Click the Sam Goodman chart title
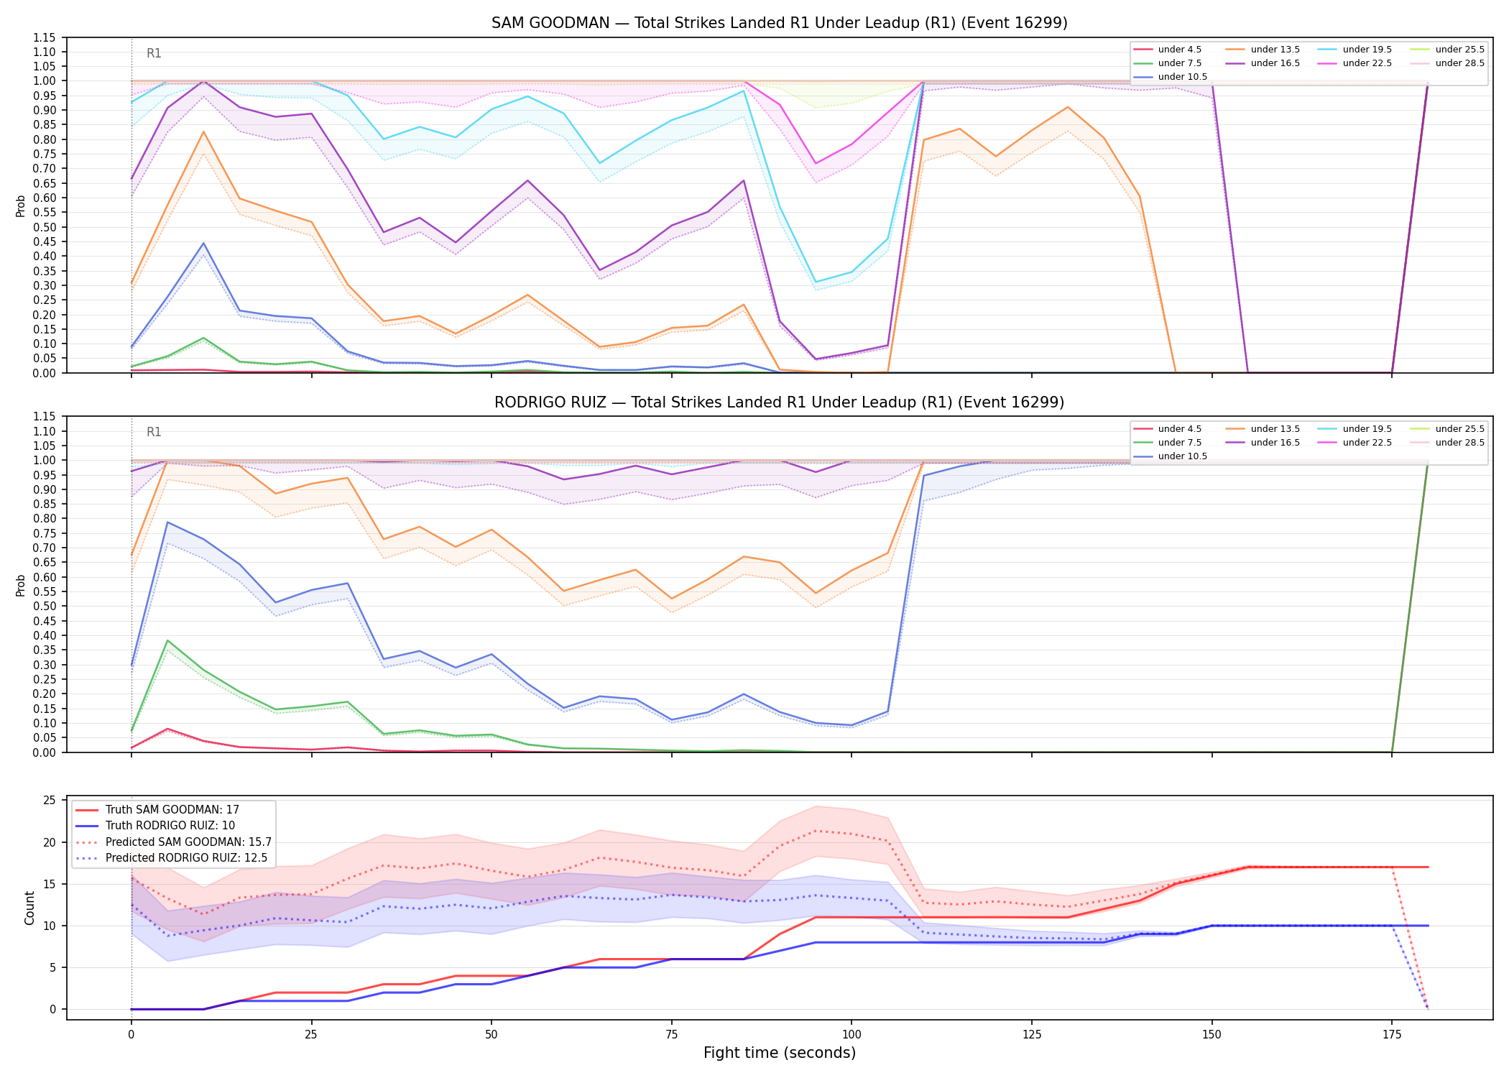pyautogui.click(x=779, y=23)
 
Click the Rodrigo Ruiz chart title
pyautogui.click(x=779, y=402)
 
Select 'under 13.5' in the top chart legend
pyautogui.click(x=1275, y=50)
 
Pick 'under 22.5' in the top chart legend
pyautogui.click(x=1367, y=63)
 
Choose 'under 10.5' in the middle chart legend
pyautogui.click(x=1182, y=456)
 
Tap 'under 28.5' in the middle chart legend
pyautogui.click(x=1459, y=443)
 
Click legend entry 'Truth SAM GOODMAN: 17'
pyautogui.click(x=172, y=810)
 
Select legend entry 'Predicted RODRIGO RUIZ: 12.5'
pyautogui.click(x=186, y=858)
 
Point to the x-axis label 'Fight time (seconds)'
pyautogui.click(x=780, y=1053)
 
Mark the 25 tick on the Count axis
pyautogui.click(x=50, y=801)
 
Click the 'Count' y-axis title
pyautogui.click(x=29, y=908)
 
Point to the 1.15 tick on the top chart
pyautogui.click(x=44, y=37)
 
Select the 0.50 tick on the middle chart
pyautogui.click(x=44, y=606)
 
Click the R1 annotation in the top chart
pyautogui.click(x=154, y=53)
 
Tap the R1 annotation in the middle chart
pyautogui.click(x=154, y=432)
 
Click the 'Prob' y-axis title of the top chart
pyautogui.click(x=20, y=206)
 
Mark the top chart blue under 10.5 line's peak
pyautogui.click(x=203, y=243)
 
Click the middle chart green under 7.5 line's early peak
pyautogui.click(x=167, y=640)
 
